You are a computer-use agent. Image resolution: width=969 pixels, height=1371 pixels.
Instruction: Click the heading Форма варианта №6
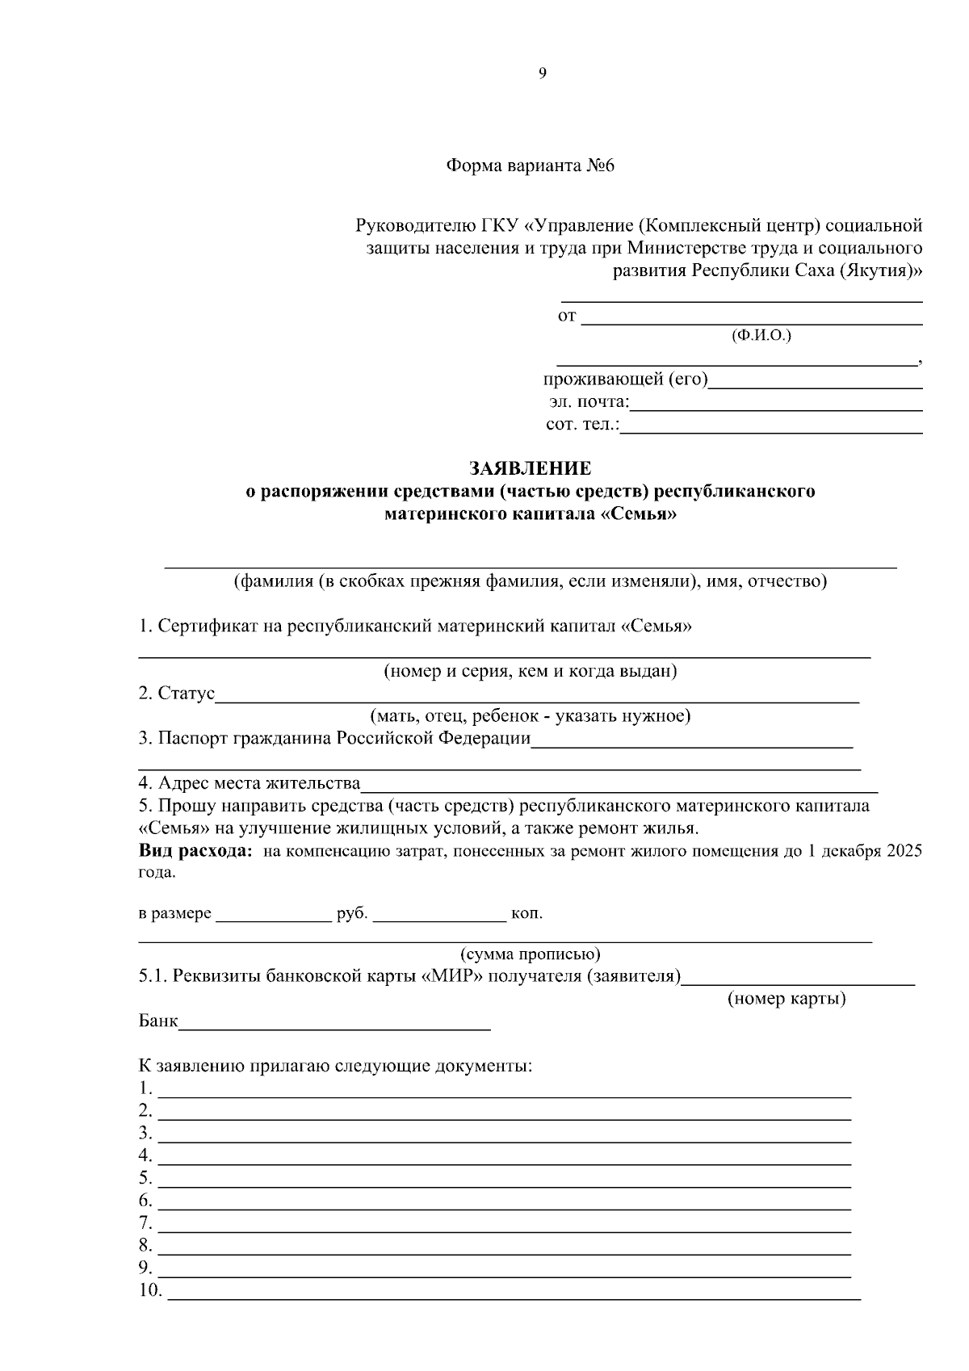[x=531, y=166]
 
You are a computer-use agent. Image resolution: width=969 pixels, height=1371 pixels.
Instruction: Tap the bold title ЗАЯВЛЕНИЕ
[x=531, y=468]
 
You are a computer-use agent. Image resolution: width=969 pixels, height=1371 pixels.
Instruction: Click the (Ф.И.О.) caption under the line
[x=761, y=335]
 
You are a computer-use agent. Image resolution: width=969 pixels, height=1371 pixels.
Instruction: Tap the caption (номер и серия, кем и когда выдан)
[x=530, y=671]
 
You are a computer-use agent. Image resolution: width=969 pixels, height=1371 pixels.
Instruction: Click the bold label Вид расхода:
[x=195, y=851]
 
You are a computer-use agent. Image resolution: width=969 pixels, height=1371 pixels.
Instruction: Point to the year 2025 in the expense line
[x=904, y=852]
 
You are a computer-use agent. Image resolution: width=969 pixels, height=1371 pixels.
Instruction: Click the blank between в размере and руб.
[x=274, y=916]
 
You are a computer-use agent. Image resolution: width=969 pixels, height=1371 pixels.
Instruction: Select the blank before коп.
[x=439, y=916]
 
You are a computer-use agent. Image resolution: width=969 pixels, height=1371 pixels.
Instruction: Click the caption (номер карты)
[x=787, y=1000]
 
